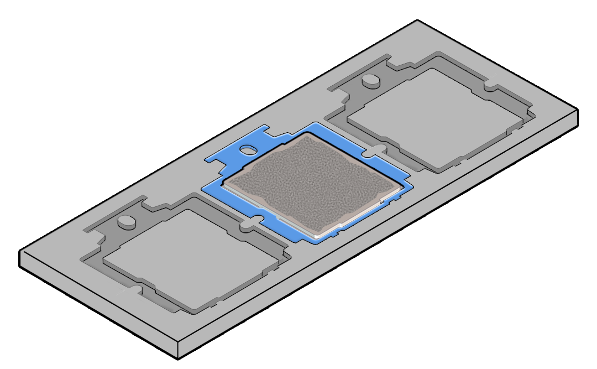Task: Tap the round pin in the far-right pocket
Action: pyautogui.click(x=370, y=81)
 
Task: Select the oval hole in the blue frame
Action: pyautogui.click(x=248, y=149)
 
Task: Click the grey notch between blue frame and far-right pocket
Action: pyautogui.click(x=377, y=149)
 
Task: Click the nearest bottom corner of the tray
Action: pyautogui.click(x=178, y=358)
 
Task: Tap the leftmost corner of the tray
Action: pyautogui.click(x=20, y=251)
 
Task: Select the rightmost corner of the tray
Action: pyautogui.click(x=578, y=110)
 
